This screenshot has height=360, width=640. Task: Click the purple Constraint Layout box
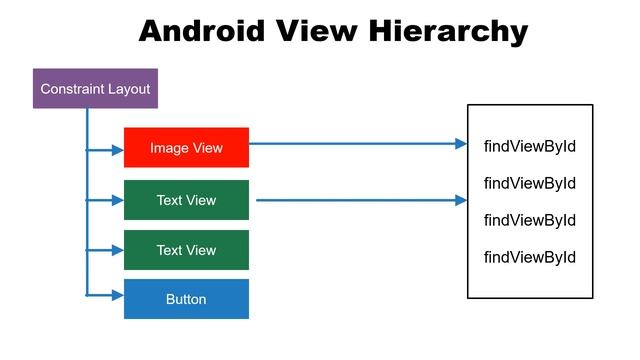click(x=95, y=89)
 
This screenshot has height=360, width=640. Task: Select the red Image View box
click(x=186, y=148)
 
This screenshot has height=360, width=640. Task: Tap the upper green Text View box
click(x=186, y=200)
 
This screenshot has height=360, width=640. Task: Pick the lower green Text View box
click(x=186, y=250)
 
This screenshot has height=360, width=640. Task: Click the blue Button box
click(x=186, y=299)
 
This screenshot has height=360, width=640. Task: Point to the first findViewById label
click(x=530, y=147)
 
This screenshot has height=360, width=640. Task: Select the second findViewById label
click(x=530, y=183)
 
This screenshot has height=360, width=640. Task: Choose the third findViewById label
click(x=530, y=220)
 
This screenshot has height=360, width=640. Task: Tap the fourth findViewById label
click(x=530, y=257)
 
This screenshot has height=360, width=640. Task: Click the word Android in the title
click(x=201, y=31)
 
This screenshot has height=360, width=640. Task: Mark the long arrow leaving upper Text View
click(x=360, y=200)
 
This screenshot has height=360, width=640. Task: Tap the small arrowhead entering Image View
click(x=118, y=150)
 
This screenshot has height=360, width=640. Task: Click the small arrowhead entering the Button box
click(x=118, y=295)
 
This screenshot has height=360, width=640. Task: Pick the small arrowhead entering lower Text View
click(x=118, y=250)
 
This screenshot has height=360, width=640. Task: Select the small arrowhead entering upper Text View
click(x=118, y=200)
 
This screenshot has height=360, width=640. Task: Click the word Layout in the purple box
click(x=129, y=89)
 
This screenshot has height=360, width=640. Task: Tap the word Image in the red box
click(x=167, y=148)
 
